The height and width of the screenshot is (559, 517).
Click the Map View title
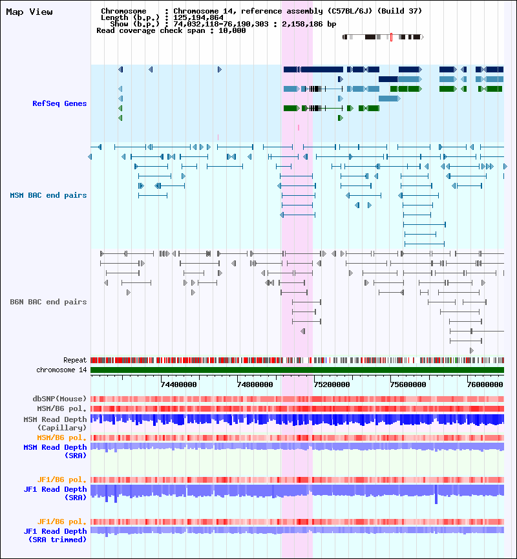click(29, 12)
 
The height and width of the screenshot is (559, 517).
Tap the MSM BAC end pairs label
click(48, 195)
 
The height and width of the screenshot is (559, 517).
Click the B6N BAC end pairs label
click(48, 302)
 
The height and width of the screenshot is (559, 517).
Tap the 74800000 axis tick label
click(257, 384)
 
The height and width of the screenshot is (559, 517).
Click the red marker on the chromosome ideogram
click(391, 37)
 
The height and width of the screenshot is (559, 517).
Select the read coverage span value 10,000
click(233, 30)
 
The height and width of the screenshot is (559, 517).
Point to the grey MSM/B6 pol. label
click(61, 408)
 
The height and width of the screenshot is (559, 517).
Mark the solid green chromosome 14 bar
click(297, 370)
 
